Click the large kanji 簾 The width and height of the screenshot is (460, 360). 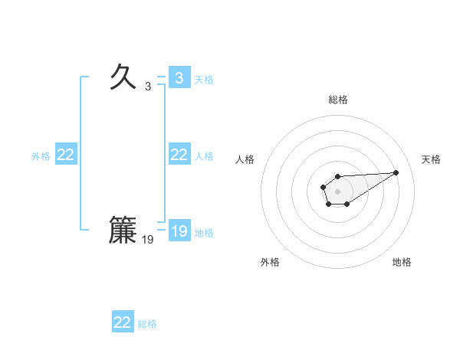click(x=123, y=230)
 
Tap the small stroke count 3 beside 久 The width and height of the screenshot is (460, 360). click(x=148, y=87)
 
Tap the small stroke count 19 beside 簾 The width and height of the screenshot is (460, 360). click(x=148, y=240)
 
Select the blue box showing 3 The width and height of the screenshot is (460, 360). click(x=179, y=77)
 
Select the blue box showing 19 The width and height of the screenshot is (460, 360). click(x=179, y=231)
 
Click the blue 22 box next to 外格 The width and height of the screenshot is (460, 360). click(x=66, y=155)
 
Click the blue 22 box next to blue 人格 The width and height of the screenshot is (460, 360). click(x=179, y=155)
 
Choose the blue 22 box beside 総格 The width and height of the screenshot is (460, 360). click(x=123, y=322)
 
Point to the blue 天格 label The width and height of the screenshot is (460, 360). click(x=204, y=79)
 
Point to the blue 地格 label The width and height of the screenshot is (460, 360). click(x=204, y=232)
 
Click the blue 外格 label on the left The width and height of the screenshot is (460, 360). click(x=41, y=155)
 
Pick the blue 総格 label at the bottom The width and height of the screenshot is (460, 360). click(x=147, y=324)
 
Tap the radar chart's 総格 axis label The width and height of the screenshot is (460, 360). click(x=337, y=100)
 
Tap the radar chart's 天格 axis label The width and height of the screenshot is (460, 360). click(x=431, y=159)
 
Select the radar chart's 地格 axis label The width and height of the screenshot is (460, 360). click(x=402, y=262)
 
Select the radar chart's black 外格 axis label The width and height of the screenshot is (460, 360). click(x=270, y=262)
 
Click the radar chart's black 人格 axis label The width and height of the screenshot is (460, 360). click(x=245, y=159)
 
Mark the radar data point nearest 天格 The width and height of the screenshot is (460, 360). click(x=396, y=172)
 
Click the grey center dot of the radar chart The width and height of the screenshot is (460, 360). click(x=337, y=191)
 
